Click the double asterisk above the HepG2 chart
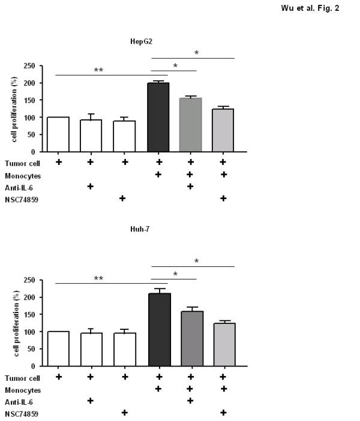point(98,70)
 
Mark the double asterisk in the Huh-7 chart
point(98,279)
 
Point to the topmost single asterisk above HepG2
point(196,53)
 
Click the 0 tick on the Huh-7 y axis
point(40,366)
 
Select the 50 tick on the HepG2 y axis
point(37,135)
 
